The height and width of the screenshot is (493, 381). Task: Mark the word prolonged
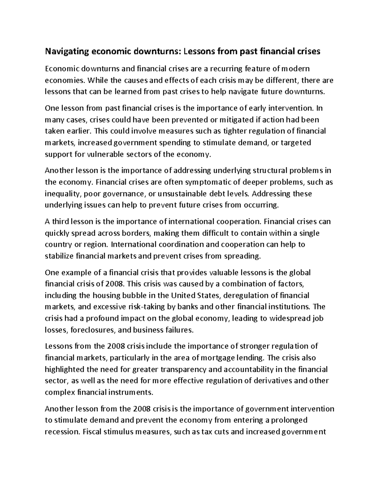[x=289, y=420]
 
